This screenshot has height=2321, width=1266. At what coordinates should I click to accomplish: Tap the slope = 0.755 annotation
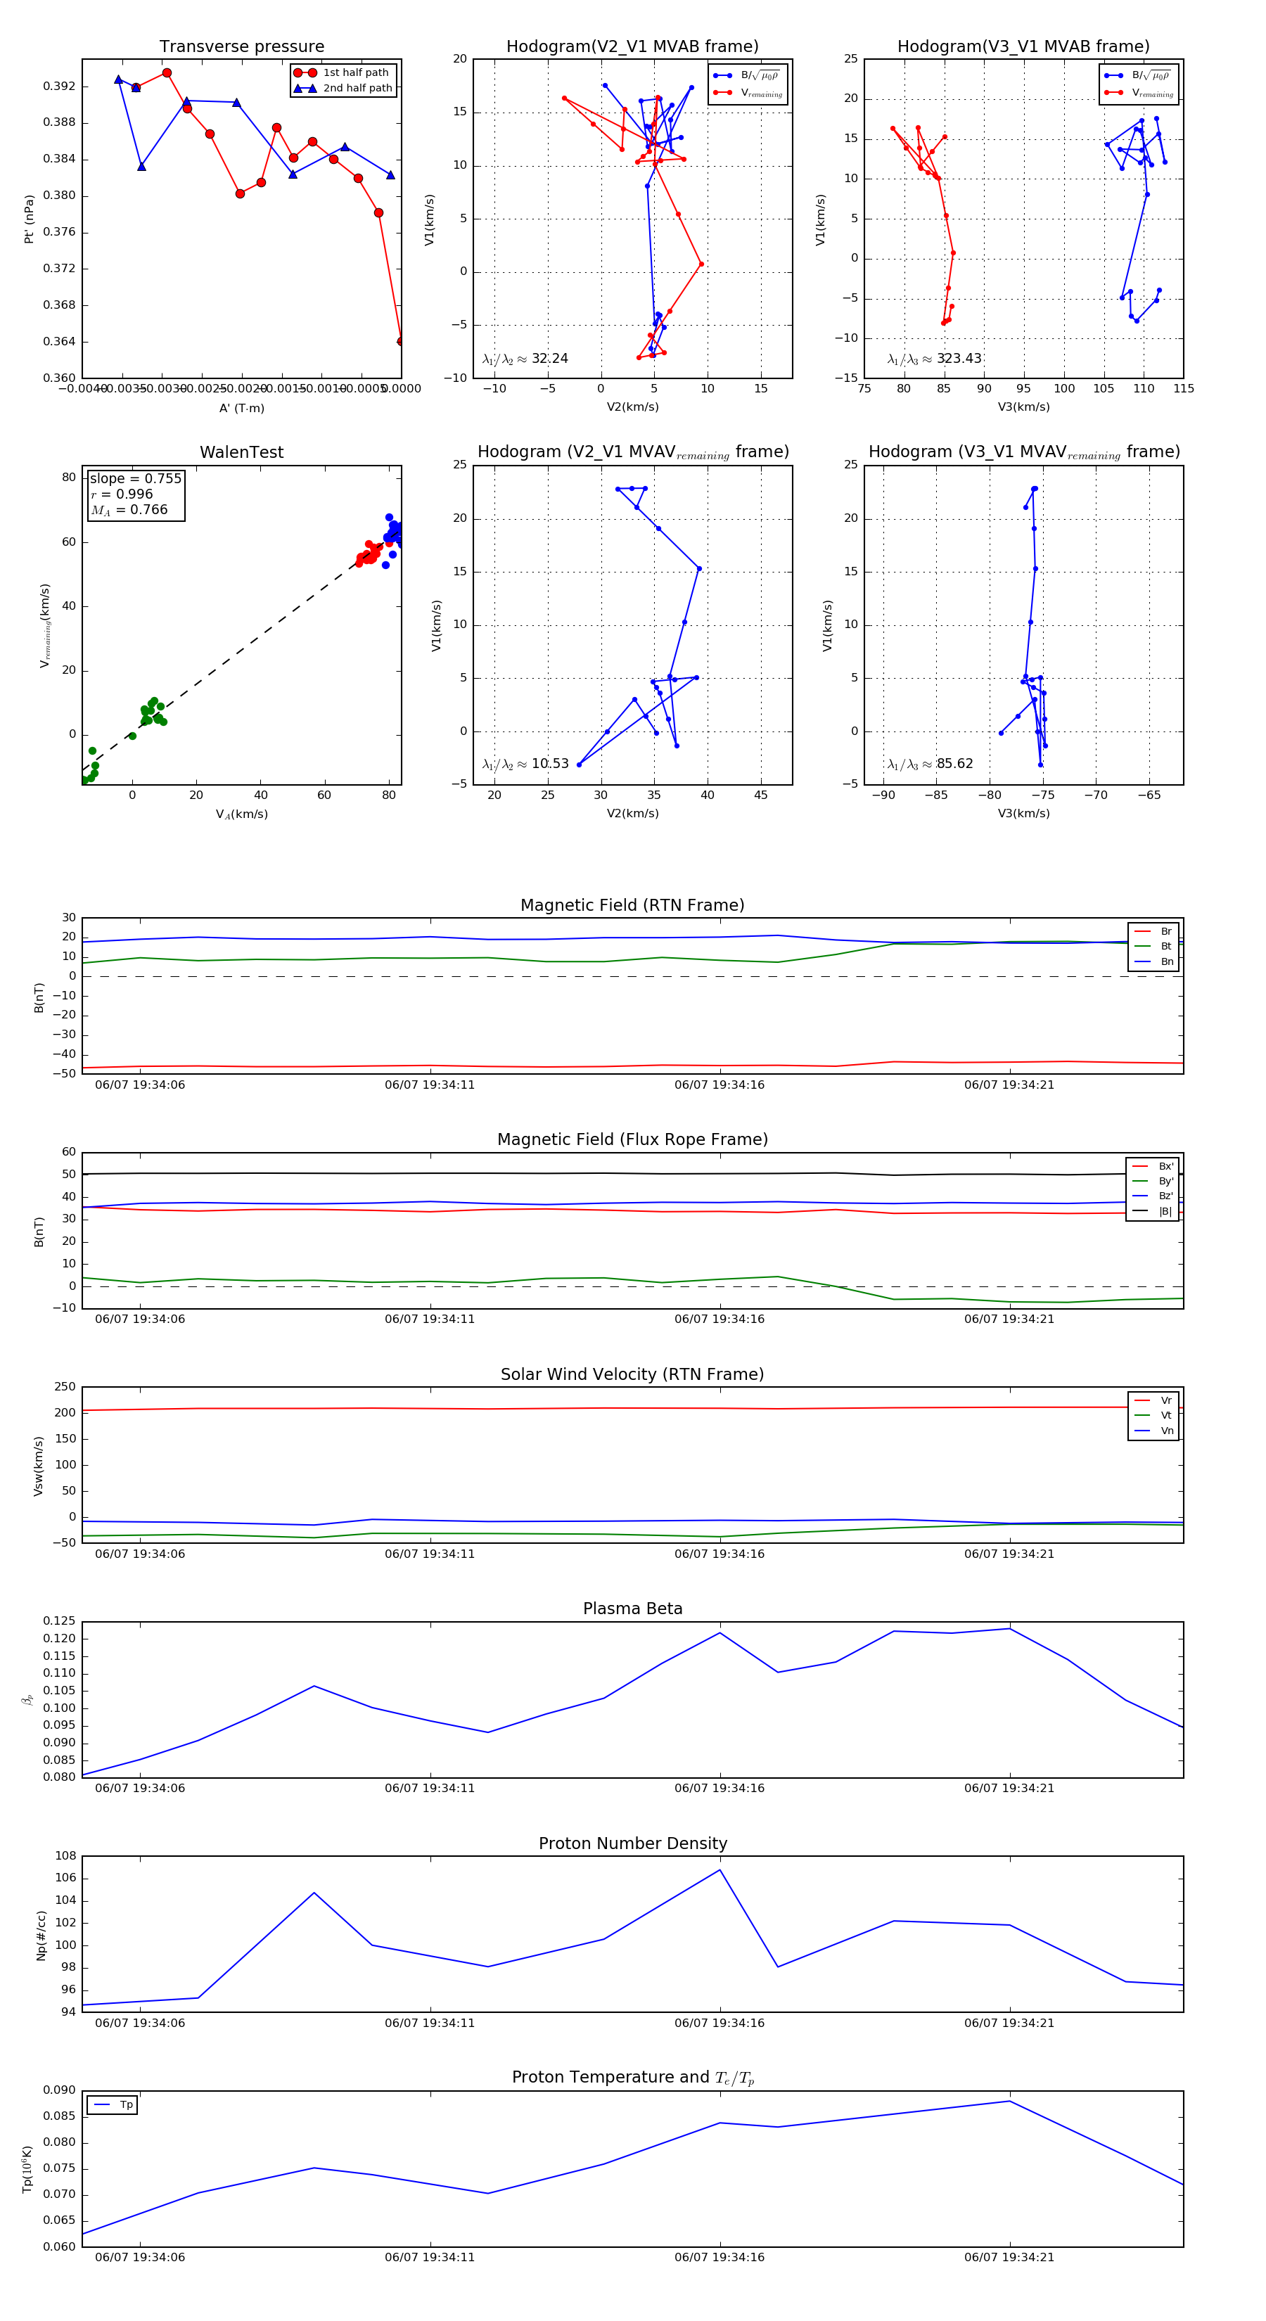tap(135, 478)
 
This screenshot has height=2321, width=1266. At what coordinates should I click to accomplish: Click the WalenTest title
tap(241, 452)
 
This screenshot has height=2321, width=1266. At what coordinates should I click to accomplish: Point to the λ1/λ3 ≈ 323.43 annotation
tap(935, 359)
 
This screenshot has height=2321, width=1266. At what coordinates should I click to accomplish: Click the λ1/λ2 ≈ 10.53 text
tap(525, 764)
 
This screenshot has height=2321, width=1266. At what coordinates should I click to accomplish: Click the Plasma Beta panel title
tap(632, 1609)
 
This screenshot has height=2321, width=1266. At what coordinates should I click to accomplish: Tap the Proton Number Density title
tap(632, 1843)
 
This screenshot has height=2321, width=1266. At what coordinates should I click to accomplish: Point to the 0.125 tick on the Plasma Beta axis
tap(60, 1621)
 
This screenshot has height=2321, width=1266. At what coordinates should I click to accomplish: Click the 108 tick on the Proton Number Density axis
tap(66, 1856)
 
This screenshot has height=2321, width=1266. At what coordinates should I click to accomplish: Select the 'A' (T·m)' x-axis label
tap(241, 408)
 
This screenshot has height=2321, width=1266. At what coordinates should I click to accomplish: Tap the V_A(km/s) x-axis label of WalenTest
tap(241, 814)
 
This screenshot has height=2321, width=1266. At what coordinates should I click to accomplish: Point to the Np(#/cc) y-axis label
tap(41, 1936)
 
